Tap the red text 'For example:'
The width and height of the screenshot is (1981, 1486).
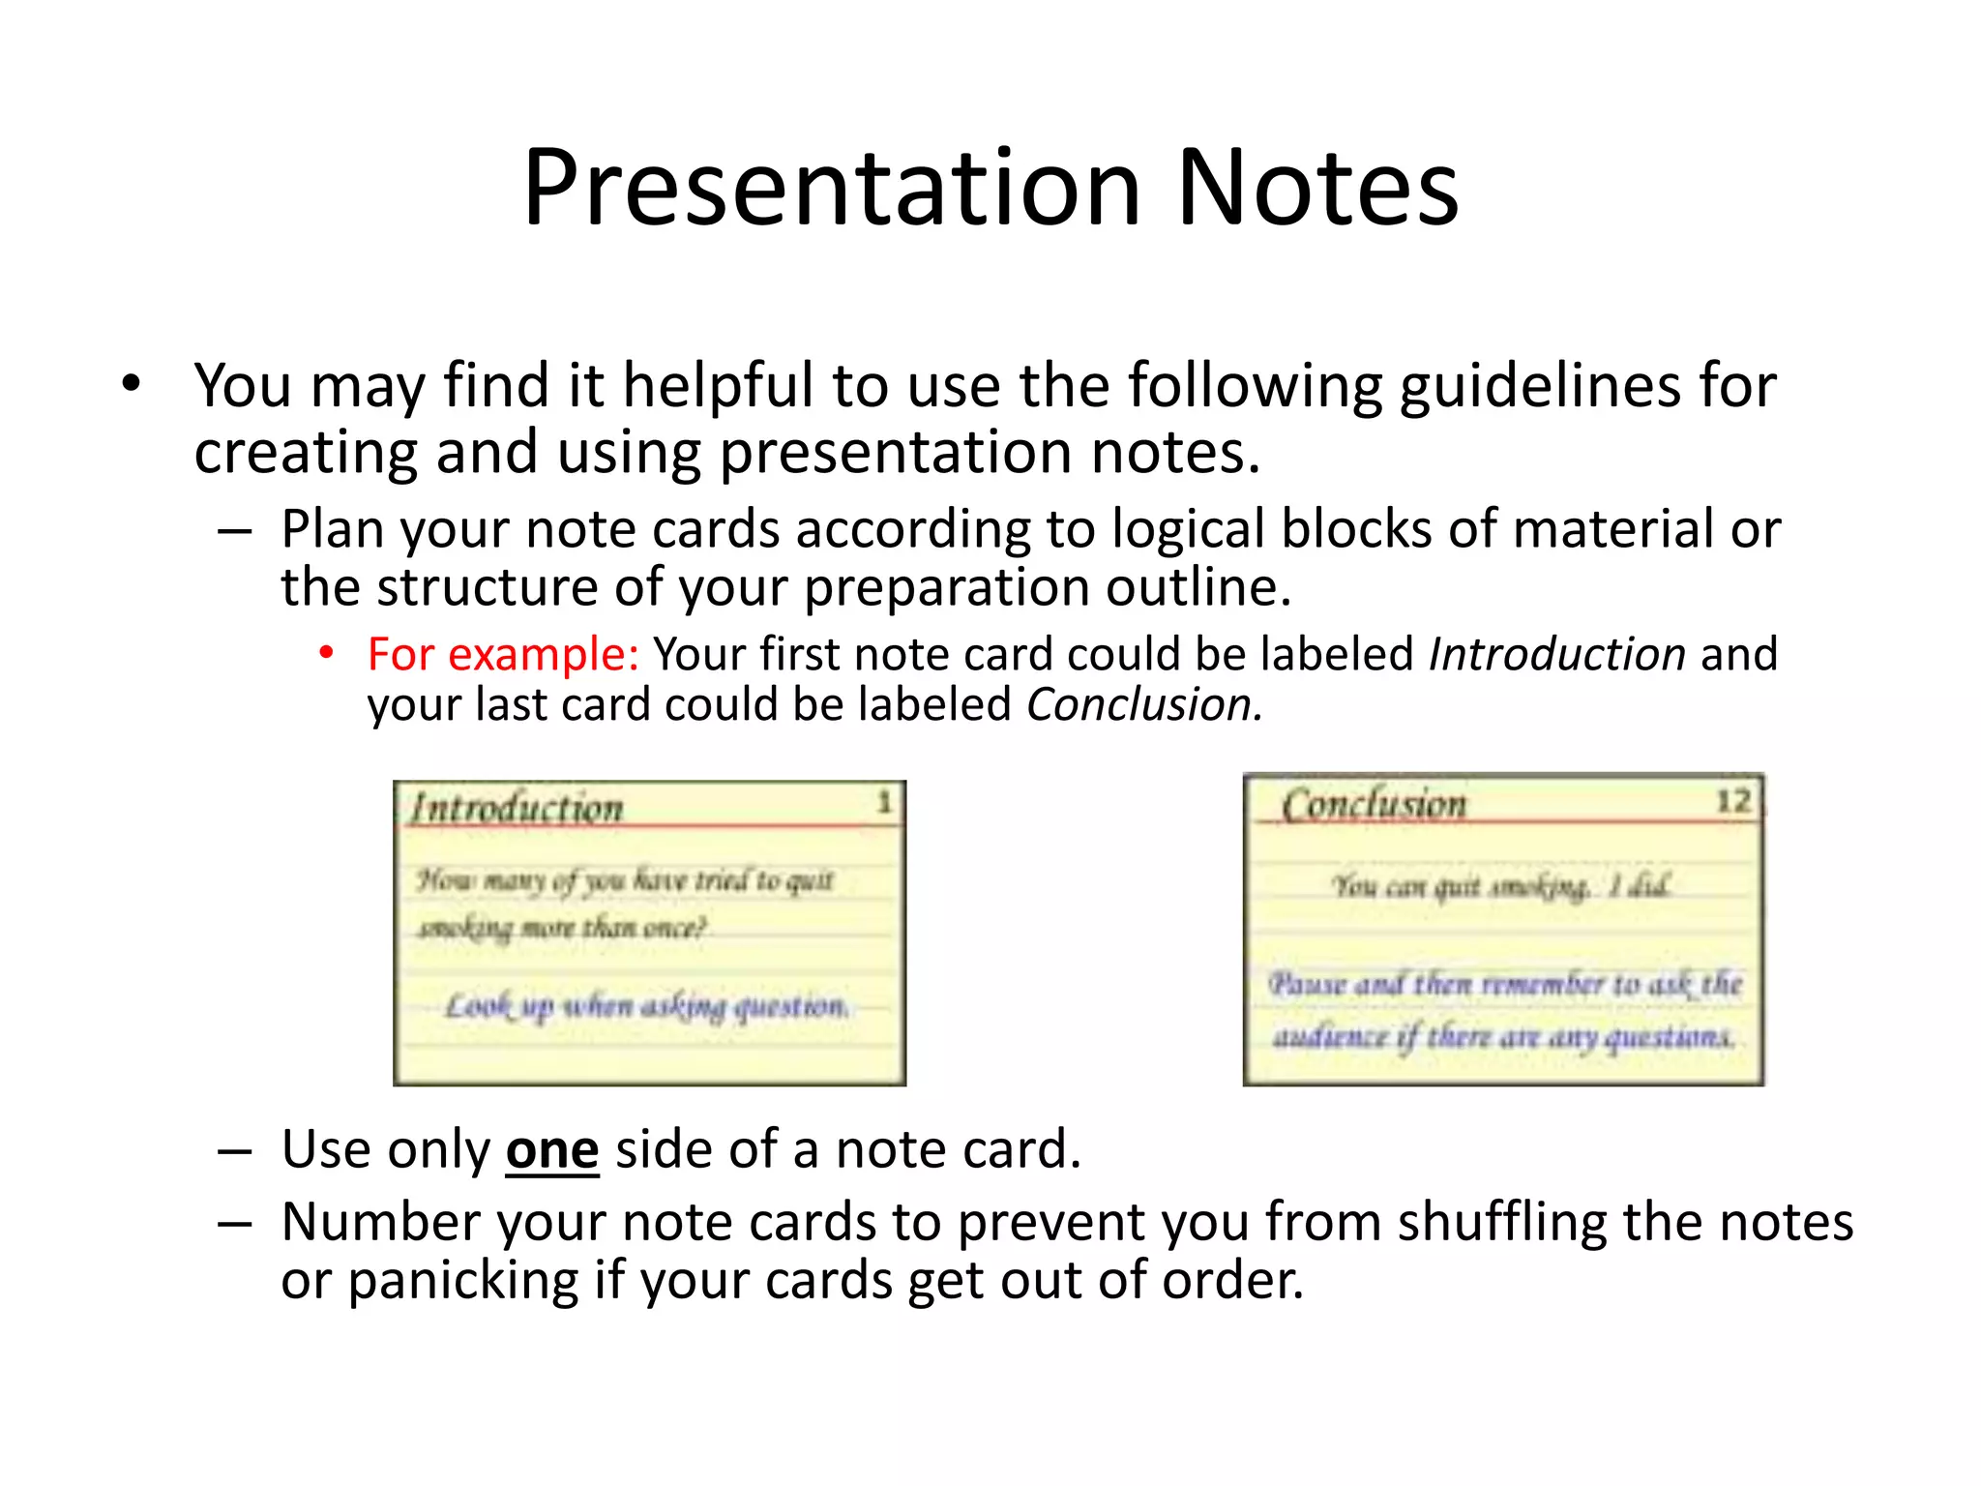click(x=503, y=655)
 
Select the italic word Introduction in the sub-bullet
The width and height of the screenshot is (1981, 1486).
click(x=1557, y=655)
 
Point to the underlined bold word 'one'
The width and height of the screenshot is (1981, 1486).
click(x=552, y=1151)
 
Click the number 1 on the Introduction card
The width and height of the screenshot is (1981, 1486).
click(x=883, y=802)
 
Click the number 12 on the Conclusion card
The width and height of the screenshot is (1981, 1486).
click(x=1733, y=801)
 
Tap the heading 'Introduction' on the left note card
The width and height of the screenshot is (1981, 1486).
click(x=517, y=809)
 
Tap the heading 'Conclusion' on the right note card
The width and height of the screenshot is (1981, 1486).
click(x=1374, y=805)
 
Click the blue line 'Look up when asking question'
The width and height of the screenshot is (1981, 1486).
click(x=646, y=1007)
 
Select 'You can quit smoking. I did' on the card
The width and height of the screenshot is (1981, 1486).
click(x=1501, y=886)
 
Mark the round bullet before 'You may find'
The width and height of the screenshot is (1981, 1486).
click(x=132, y=384)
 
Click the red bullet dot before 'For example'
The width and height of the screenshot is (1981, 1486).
click(x=327, y=654)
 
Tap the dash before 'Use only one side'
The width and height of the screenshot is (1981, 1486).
click(x=235, y=1151)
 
